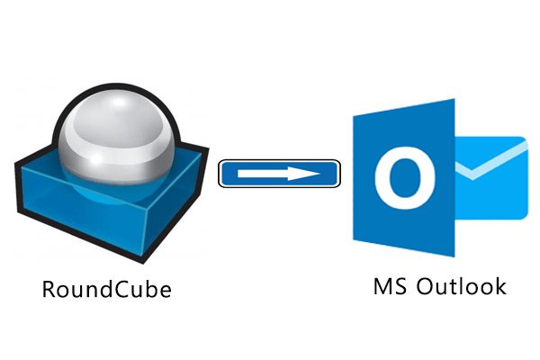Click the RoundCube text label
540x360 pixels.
[106, 290]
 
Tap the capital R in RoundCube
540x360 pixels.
[49, 290]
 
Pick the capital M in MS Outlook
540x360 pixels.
[382, 287]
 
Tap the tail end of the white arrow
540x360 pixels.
[236, 173]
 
